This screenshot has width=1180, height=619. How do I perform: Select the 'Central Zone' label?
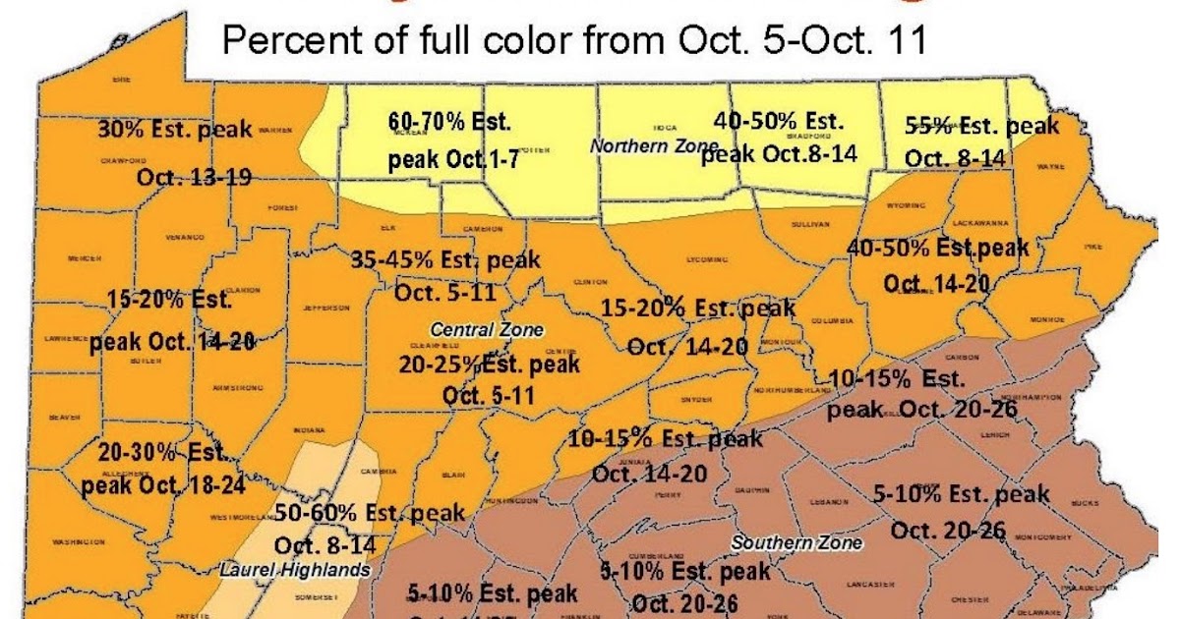(x=478, y=327)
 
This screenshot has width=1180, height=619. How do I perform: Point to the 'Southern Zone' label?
(x=796, y=541)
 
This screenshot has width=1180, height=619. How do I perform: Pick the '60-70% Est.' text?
(x=448, y=122)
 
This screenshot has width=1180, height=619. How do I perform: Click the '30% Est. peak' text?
(x=174, y=129)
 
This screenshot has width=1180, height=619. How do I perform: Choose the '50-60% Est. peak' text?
(x=369, y=512)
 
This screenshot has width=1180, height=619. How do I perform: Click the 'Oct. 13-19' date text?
(x=194, y=177)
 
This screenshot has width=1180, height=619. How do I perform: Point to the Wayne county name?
(x=1049, y=167)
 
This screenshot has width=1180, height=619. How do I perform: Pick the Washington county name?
(x=78, y=541)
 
